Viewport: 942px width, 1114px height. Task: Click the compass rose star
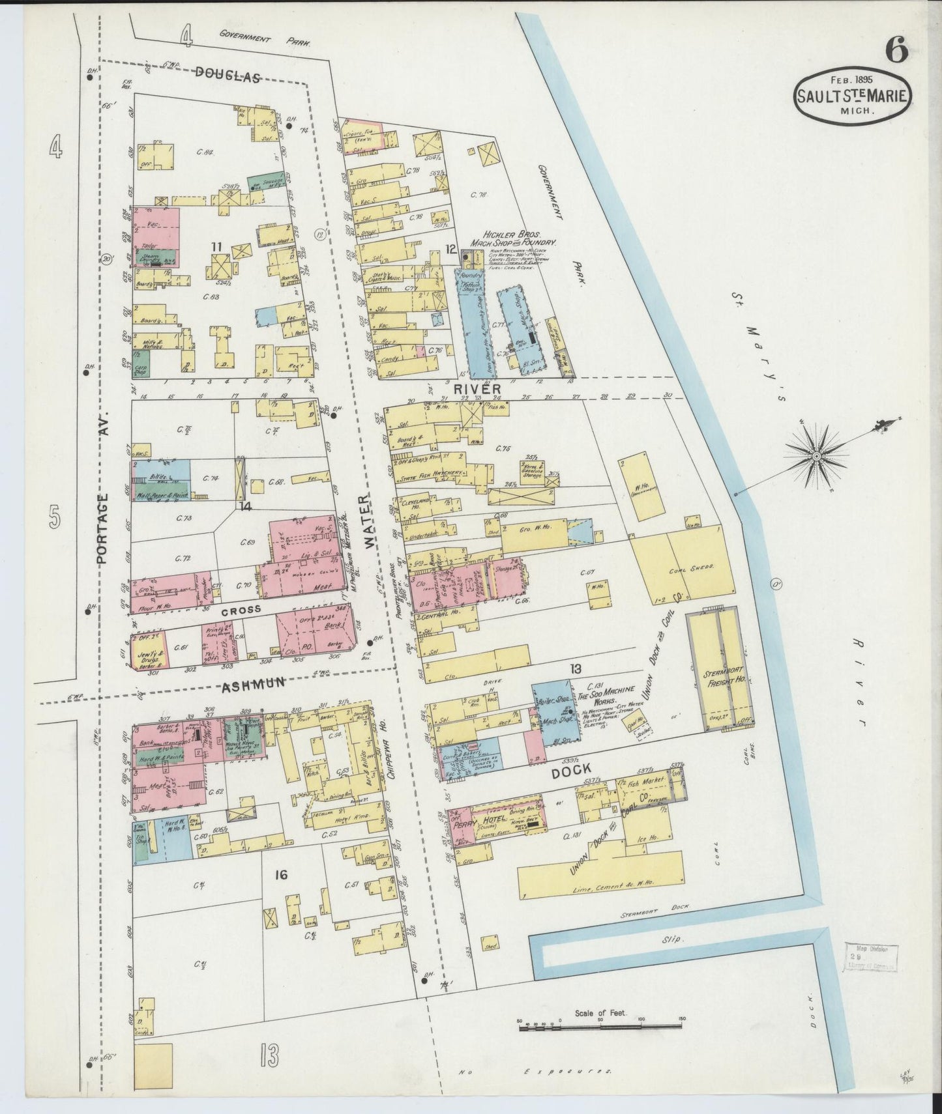click(816, 458)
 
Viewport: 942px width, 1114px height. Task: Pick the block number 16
click(281, 874)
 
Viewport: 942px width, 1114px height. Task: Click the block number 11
click(216, 246)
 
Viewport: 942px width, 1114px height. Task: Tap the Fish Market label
click(647, 780)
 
